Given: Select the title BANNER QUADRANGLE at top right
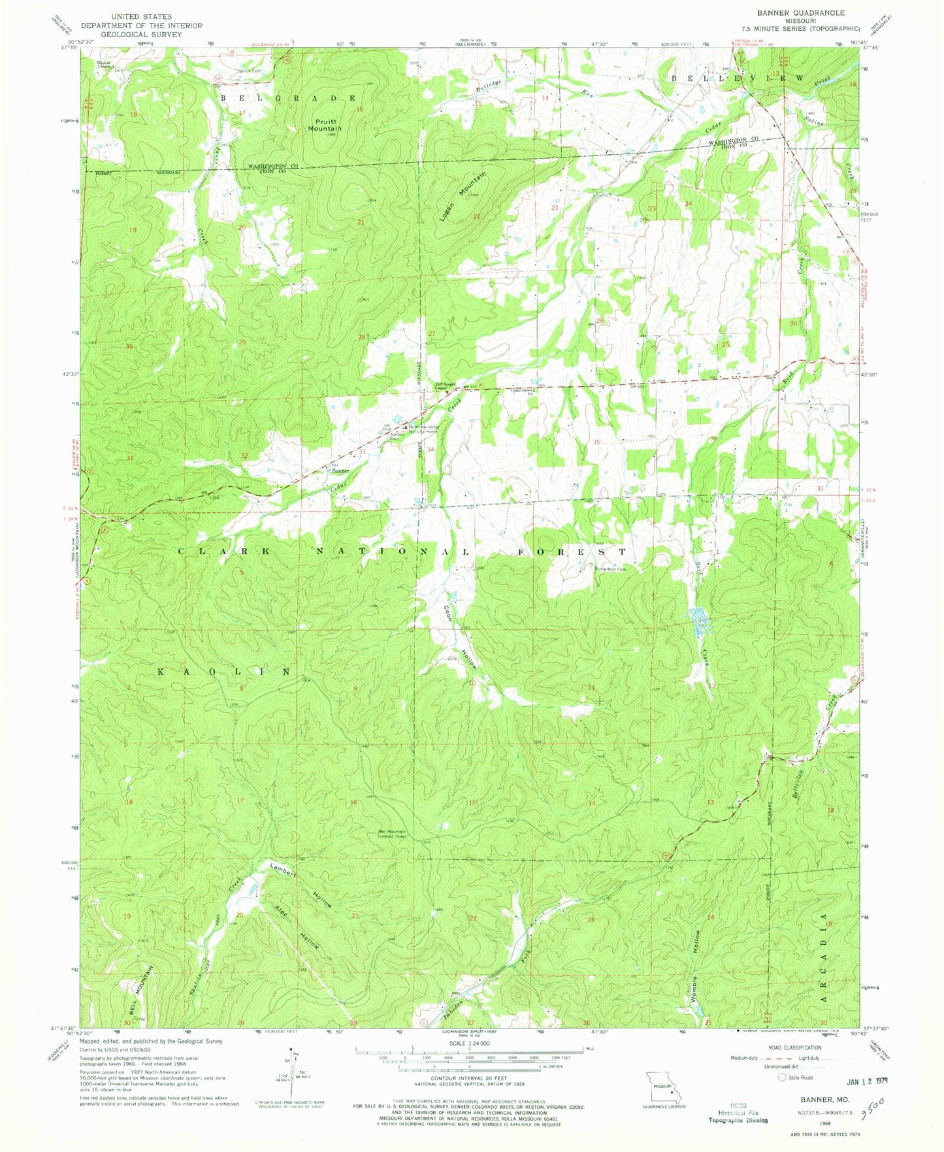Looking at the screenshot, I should pos(790,13).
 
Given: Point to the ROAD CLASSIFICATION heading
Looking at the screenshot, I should pos(794,1047).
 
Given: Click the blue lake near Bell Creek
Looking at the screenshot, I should pos(698,621).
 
